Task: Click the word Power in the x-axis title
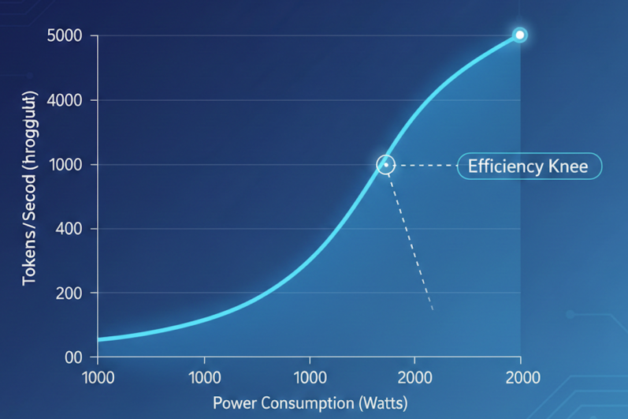pos(233,402)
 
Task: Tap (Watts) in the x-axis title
pos(382,402)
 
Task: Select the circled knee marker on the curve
pos(385,164)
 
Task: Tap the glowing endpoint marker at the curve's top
pos(519,35)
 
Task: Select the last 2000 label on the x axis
pos(520,377)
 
